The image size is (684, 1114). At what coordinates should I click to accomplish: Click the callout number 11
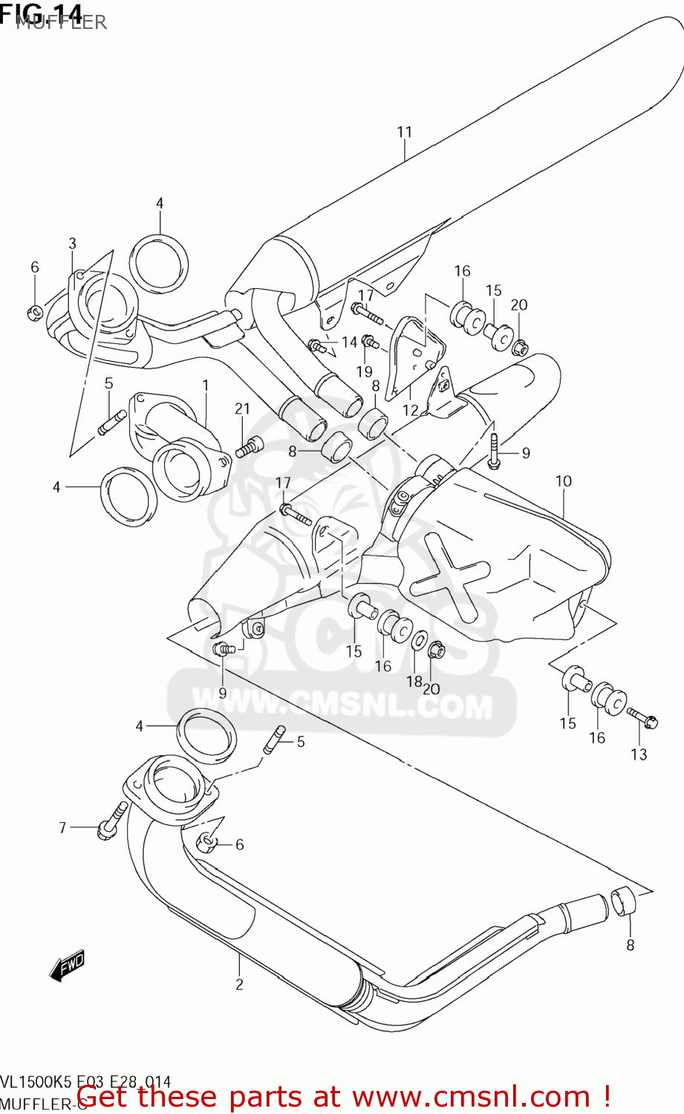(x=404, y=132)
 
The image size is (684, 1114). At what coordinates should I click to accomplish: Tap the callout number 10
(x=564, y=481)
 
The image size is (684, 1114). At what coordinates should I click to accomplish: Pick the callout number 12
(x=411, y=410)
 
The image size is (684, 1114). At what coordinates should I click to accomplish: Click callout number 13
(x=639, y=755)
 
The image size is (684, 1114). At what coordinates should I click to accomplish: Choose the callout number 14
(x=349, y=342)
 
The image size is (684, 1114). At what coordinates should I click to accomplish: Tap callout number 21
(x=243, y=408)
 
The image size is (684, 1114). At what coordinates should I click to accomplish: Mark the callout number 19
(x=364, y=371)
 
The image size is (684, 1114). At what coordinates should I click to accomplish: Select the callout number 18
(x=414, y=681)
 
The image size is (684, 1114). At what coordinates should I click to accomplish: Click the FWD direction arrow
(x=67, y=965)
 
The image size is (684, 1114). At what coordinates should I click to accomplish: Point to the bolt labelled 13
(x=642, y=717)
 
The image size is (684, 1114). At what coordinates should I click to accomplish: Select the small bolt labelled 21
(x=249, y=447)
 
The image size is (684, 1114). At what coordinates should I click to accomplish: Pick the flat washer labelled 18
(x=419, y=641)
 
